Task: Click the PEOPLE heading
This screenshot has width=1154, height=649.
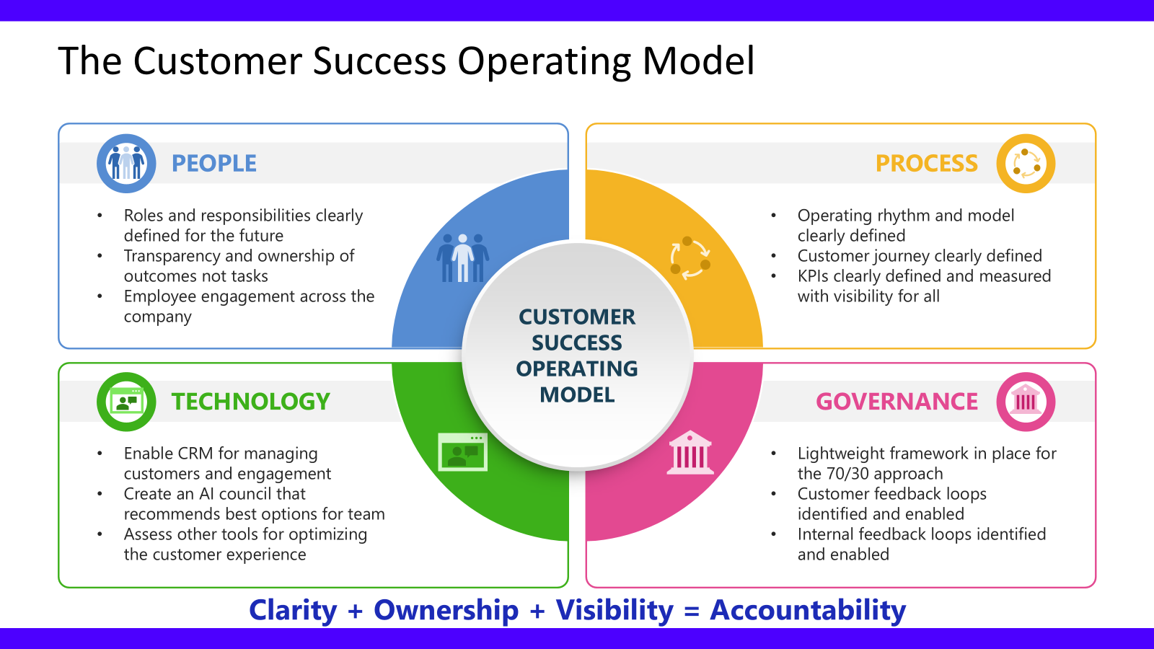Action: click(213, 164)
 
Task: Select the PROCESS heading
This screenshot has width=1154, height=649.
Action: click(926, 164)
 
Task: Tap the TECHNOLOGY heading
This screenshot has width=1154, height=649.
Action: click(250, 402)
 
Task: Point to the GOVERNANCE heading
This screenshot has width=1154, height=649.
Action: click(897, 402)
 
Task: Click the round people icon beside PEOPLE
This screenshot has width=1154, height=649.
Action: click(126, 164)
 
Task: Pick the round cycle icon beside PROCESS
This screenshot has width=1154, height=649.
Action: click(1026, 164)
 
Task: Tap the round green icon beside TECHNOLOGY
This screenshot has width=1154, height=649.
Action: click(126, 402)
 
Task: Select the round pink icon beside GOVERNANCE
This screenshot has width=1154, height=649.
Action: click(1026, 402)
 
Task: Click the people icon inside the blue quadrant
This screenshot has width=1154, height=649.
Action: click(462, 257)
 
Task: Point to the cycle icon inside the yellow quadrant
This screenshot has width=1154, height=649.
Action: click(690, 257)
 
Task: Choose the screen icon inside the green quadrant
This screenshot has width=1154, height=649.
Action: click(462, 452)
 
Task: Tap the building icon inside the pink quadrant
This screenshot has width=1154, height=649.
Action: click(690, 452)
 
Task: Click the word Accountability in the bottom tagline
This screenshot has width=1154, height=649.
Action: click(808, 610)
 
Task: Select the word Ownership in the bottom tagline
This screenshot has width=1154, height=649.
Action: click(446, 610)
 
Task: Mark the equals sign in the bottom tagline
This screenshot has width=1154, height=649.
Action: click(692, 612)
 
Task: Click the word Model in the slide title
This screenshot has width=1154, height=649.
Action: click(698, 61)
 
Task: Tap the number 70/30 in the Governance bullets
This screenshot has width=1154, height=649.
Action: click(848, 474)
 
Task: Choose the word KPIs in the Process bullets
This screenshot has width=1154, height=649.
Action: click(813, 276)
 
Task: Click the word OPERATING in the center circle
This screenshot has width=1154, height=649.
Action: click(577, 368)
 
